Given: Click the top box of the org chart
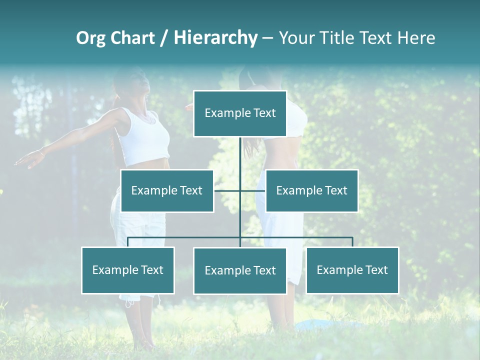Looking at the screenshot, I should (240, 113).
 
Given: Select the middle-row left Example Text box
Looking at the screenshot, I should (167, 190).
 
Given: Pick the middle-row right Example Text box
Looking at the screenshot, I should (311, 190).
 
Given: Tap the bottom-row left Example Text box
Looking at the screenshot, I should (128, 270).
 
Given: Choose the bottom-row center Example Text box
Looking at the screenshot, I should (240, 270).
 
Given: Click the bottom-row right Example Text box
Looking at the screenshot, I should (352, 270).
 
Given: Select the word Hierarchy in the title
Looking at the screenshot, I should (215, 38).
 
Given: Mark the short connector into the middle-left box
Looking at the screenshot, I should (227, 190).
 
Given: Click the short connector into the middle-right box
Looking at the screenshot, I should (253, 190).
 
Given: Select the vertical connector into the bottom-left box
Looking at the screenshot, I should (128, 242).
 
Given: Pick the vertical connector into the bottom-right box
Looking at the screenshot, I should (352, 242).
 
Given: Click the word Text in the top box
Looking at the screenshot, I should (264, 113).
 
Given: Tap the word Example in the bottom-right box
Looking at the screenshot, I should (338, 270).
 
